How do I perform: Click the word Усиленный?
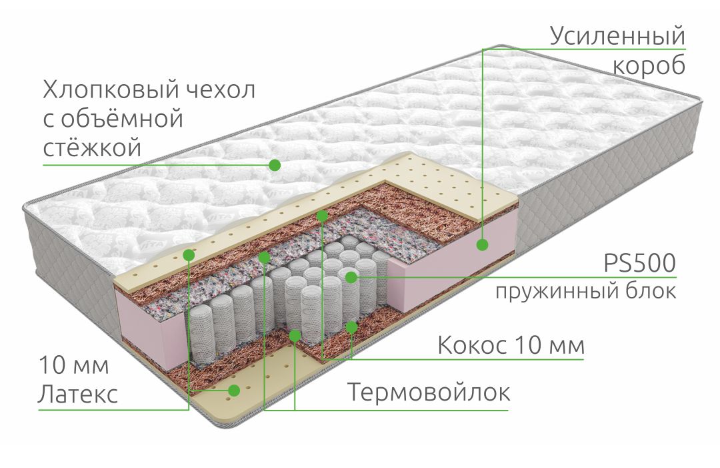[x=617, y=37]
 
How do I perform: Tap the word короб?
[x=649, y=65]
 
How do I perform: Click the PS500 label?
[x=639, y=264]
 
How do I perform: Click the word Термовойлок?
[x=429, y=392]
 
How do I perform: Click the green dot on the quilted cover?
[x=275, y=165]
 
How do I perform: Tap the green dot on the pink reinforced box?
[x=482, y=244]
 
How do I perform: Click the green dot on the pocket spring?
[x=351, y=277]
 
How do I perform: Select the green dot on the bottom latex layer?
[x=234, y=391]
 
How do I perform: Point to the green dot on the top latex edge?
[x=189, y=254]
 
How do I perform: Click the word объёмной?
[x=121, y=119]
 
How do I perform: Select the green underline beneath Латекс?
[x=113, y=409]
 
